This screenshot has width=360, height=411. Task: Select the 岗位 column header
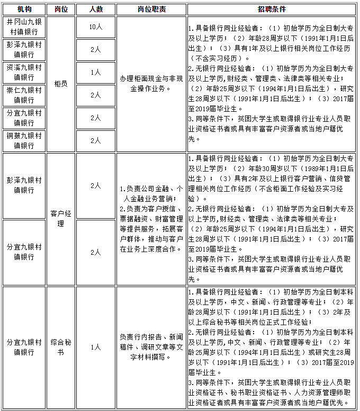(x=61, y=10)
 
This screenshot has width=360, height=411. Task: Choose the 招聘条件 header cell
(x=272, y=10)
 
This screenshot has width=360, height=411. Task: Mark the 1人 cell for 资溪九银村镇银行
(x=95, y=72)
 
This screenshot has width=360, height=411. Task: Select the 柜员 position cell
(x=61, y=84)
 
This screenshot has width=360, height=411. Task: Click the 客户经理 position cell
(x=61, y=218)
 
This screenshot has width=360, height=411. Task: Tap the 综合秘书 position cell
(x=61, y=347)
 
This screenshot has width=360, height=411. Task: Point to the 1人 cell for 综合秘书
(x=95, y=347)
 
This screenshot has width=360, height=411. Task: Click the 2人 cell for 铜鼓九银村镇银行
(x=95, y=140)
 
